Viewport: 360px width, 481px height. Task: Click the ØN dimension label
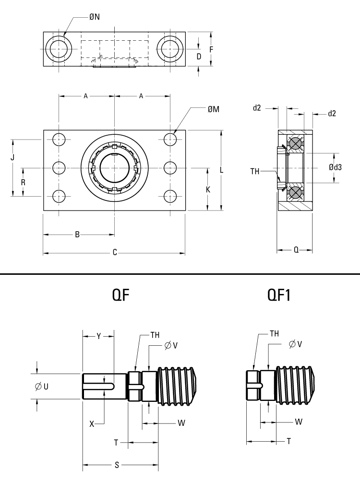pos(95,17)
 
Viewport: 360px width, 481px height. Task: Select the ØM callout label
pos(214,109)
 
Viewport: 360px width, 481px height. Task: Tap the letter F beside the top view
pos(211,49)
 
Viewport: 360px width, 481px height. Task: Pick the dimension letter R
pos(23,183)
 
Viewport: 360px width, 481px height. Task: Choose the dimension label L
pos(221,170)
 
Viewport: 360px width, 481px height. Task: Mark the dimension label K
pos(208,189)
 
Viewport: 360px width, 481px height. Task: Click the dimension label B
pos(77,235)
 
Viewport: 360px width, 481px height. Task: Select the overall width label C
pos(115,252)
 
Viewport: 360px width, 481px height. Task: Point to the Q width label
pos(296,249)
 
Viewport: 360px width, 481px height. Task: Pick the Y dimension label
pos(98,336)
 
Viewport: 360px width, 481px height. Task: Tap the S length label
pos(117,465)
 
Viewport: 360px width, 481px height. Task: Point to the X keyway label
pos(92,423)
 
